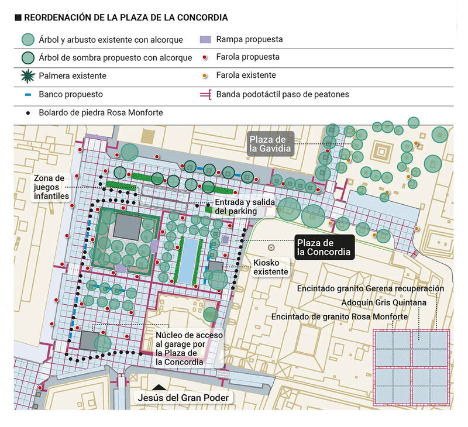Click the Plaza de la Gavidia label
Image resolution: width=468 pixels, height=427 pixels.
pos(270,144)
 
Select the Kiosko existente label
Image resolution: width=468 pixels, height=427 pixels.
pos(271,267)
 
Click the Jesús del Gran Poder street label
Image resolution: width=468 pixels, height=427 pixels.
pos(183,398)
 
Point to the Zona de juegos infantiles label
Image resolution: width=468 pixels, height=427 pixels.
pos(51,187)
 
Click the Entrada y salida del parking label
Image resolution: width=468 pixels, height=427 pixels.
pos(245,206)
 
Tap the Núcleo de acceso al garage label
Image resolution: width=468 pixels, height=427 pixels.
pos(189,349)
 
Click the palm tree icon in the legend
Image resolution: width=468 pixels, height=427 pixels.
pos(27,76)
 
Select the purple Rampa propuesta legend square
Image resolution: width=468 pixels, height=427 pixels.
pos(205,39)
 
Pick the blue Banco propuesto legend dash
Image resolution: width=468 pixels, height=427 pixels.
pos(27,95)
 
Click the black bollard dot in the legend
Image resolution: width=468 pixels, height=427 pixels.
pos(28,113)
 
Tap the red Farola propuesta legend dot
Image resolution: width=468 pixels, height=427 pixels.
pos(205,57)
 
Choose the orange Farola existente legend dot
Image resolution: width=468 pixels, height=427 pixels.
pos(205,76)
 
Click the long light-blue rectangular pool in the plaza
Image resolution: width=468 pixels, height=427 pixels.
pos(188,260)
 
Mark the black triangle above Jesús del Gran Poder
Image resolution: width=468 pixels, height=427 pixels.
pos(159,387)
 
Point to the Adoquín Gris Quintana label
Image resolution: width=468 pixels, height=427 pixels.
pos(384,302)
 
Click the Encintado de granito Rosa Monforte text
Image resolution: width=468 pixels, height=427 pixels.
pos(339,316)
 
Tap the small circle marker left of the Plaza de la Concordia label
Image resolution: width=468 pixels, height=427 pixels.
pos(271,247)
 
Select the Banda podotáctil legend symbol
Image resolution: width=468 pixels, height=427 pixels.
pos(206,95)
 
